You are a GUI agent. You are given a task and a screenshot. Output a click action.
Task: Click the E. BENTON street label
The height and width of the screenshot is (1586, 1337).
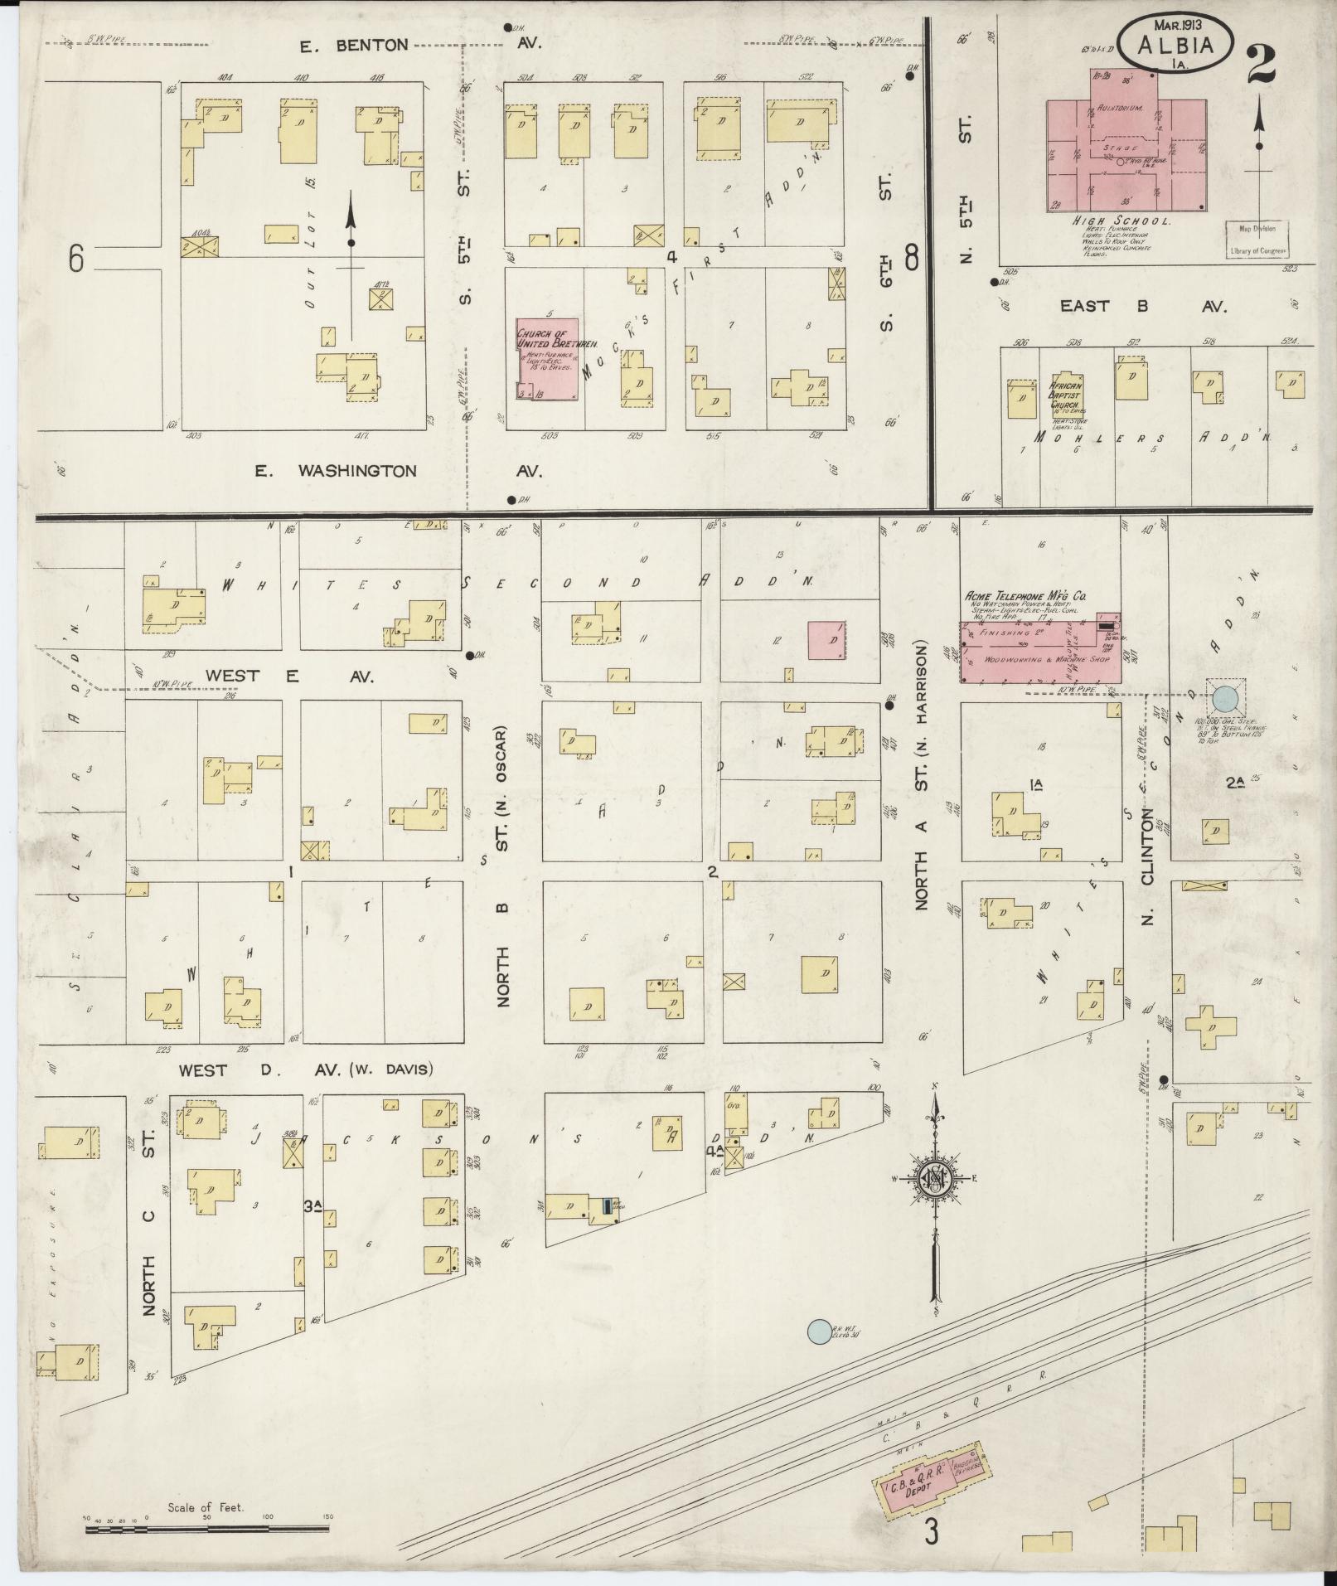(355, 46)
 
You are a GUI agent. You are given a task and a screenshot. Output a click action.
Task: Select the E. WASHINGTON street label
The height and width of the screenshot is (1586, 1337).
(336, 471)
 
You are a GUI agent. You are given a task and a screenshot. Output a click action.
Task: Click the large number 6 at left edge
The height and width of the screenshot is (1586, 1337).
(76, 260)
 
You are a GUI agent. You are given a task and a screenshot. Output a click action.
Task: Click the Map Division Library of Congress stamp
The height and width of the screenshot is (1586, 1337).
(1258, 240)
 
